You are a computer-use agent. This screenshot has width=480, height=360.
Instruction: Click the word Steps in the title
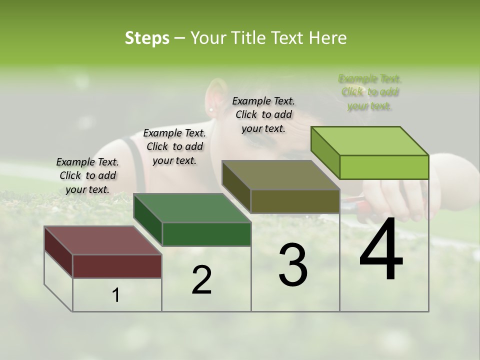[147, 38]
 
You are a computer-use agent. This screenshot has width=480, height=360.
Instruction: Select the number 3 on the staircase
[292, 265]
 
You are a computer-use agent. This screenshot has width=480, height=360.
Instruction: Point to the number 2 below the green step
[201, 280]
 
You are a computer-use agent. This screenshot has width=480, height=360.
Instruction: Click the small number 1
[116, 295]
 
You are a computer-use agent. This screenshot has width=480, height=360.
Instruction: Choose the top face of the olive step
[280, 175]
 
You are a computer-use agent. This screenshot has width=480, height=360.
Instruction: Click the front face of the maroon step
[117, 266]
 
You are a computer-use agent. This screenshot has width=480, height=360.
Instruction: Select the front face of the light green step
[384, 167]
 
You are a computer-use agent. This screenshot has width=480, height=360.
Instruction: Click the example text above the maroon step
[87, 175]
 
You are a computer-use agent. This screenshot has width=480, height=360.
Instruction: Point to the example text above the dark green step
[174, 146]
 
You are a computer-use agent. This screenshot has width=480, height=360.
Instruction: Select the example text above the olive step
[263, 114]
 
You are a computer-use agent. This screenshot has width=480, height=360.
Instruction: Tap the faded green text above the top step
[370, 92]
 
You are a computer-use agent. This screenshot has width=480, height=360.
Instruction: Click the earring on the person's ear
[211, 109]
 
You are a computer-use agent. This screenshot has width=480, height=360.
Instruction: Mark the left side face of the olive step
[236, 187]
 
